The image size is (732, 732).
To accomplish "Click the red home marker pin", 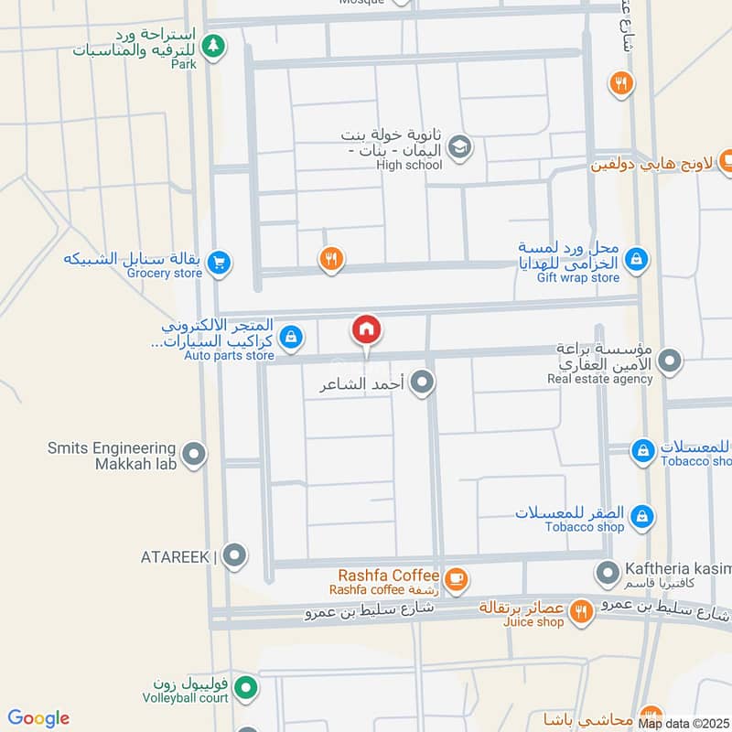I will point(366,329).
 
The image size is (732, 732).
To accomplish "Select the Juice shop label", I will point(533,622).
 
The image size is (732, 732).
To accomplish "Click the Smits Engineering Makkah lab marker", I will point(193,453).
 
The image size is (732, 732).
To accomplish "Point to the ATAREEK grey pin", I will point(235,555).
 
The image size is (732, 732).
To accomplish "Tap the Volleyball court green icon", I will point(243,686).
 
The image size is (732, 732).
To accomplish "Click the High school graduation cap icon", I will point(459,145).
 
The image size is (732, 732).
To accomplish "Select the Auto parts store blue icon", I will point(291,338).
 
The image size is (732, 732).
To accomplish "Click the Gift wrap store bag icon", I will point(638,261).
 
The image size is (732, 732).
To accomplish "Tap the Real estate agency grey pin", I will point(671,361).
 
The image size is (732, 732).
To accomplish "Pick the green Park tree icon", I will point(213,45).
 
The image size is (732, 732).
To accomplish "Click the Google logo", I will point(38,718).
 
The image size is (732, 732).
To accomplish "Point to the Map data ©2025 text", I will point(684,724).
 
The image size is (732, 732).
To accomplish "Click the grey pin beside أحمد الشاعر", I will point(422,383).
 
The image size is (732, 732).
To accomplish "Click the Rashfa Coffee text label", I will point(389,575).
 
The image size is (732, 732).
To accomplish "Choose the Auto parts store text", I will point(229,355).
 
